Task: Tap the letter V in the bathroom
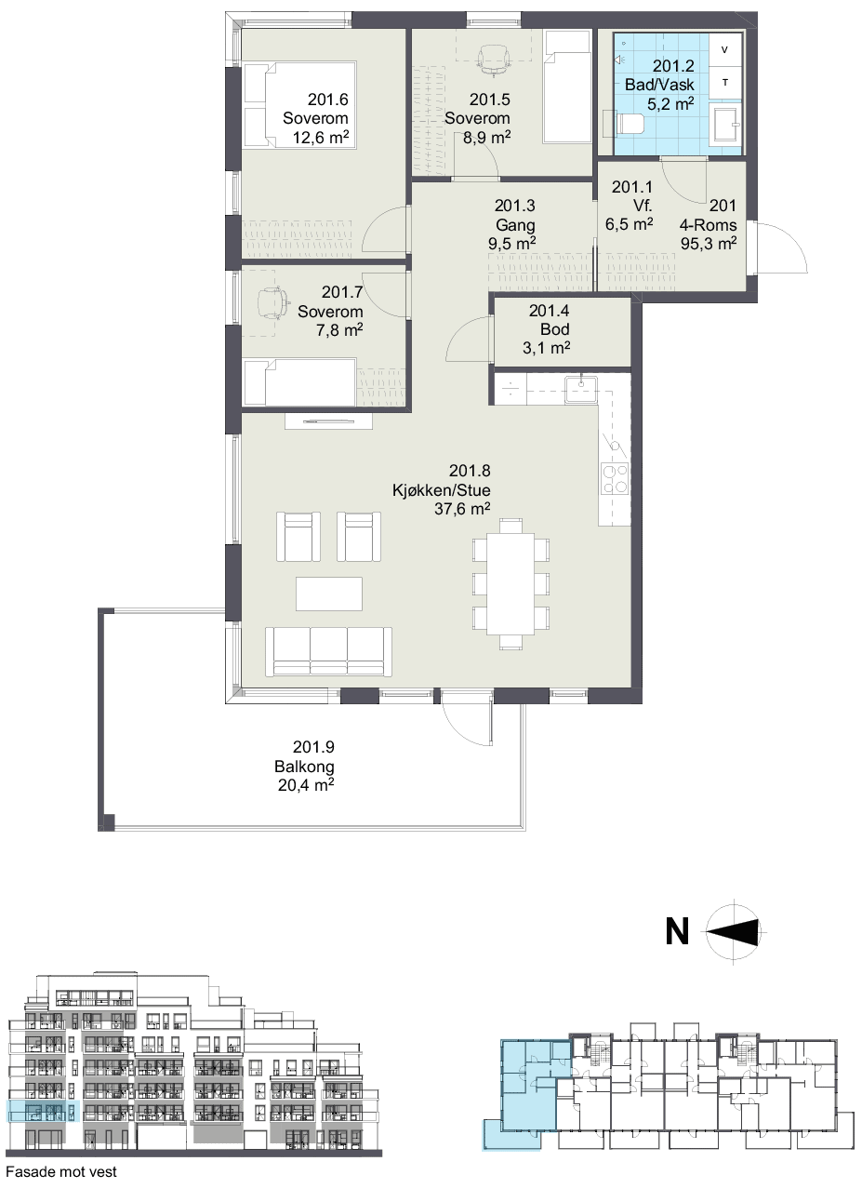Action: click(724, 50)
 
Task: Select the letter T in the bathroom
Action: click(725, 82)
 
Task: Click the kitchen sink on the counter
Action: click(581, 389)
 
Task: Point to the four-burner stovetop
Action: click(615, 478)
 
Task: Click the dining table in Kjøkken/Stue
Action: click(511, 583)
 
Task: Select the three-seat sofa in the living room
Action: click(328, 652)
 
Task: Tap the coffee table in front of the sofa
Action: click(329, 594)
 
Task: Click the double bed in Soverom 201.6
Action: click(299, 104)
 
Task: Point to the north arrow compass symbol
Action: click(734, 931)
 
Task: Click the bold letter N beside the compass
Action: click(677, 931)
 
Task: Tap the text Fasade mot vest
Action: click(61, 1171)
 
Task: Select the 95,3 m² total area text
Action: click(709, 244)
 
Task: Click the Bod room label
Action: click(554, 329)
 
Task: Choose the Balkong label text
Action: click(304, 767)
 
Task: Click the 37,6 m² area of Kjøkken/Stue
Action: click(462, 509)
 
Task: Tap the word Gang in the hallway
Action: click(515, 225)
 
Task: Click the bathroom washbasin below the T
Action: click(725, 124)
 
